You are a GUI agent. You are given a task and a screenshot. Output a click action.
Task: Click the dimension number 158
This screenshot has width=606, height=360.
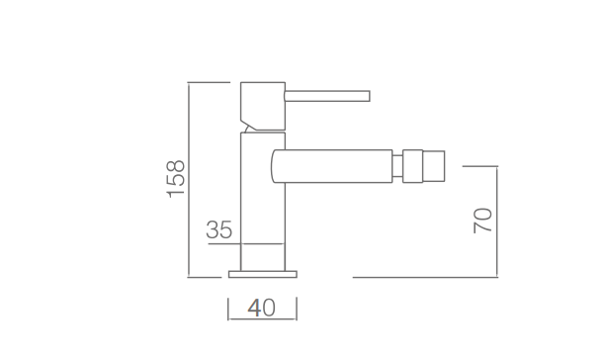coord(175,179)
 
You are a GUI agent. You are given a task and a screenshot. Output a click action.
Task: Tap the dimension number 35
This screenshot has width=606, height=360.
coord(219,229)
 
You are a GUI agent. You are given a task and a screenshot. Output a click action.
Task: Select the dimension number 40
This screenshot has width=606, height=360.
coord(262,308)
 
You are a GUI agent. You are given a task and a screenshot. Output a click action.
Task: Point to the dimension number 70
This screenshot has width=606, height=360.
coord(482,221)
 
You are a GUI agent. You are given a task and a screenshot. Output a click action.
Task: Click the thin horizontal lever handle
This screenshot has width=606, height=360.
coord(327,96)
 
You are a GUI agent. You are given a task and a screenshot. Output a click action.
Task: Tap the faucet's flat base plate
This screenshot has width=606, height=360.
coord(263,274)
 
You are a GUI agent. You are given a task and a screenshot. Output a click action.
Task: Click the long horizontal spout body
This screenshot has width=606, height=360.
coord(332,166)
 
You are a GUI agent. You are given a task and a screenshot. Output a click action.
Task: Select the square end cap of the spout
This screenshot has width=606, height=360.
coord(434,166)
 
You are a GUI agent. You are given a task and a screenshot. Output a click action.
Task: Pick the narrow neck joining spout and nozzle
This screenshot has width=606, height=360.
coord(397,166)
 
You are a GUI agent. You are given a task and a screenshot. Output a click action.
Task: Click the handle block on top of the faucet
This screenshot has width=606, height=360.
coord(263,106)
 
